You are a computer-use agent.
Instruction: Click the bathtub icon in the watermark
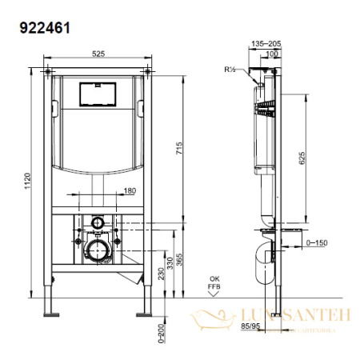[x=204, y=319]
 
